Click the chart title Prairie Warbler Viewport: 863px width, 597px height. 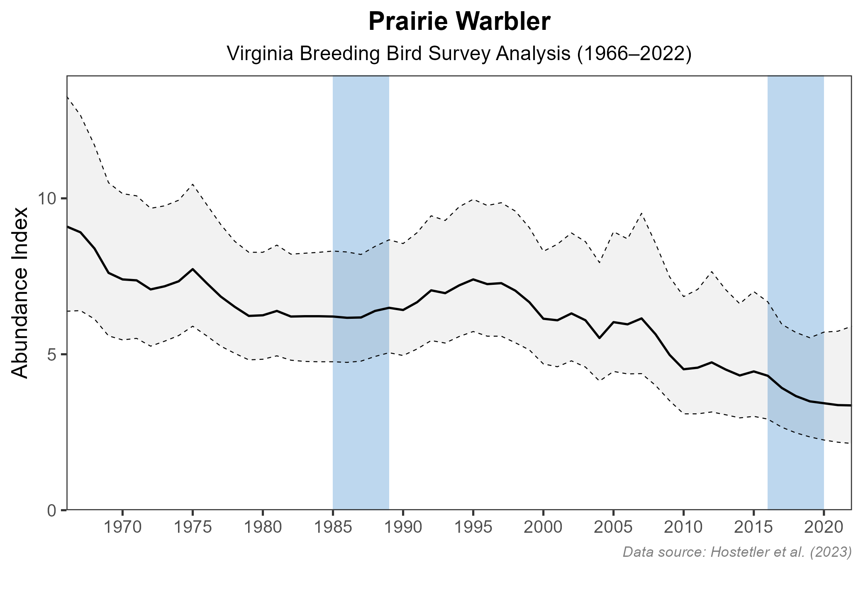pos(459,22)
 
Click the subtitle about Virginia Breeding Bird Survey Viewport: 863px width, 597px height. pos(459,54)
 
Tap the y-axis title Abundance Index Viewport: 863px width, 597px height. pos(20,293)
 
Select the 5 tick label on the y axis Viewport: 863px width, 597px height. pos(52,354)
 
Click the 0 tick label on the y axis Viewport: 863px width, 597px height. pos(52,510)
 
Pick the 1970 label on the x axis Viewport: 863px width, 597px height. pos(122,528)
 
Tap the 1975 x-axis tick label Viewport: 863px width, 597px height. pos(193,528)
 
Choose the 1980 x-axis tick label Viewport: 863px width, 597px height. pos(263,528)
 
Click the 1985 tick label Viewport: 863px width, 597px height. pos(333,528)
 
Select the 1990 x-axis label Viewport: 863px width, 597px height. pos(403,528)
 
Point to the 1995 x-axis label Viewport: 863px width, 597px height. pos(473,528)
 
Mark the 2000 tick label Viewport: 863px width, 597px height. pos(543,528)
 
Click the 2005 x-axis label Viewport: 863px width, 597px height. pos(613,528)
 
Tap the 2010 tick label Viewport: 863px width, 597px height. pos(683,528)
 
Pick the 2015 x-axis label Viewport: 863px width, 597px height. pos(753,528)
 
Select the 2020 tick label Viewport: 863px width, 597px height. pos(824,528)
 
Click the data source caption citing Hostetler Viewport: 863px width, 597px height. pos(737,552)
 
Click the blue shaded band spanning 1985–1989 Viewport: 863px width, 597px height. pos(361,166)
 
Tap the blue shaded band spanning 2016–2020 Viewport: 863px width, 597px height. pos(795,166)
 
